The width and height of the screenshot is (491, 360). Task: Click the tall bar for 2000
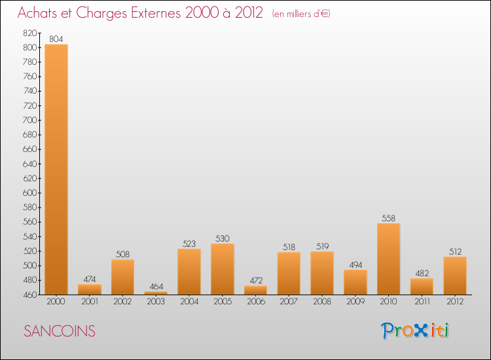click(x=56, y=169)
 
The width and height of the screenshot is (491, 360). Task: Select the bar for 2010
click(x=388, y=259)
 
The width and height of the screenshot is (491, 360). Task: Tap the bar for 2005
click(x=222, y=268)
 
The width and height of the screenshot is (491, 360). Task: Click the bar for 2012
click(x=455, y=275)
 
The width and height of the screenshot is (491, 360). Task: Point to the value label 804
click(x=56, y=39)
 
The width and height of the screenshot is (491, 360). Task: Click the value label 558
click(x=388, y=219)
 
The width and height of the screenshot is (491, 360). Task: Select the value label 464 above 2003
click(x=156, y=287)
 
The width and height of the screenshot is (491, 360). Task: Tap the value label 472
click(x=255, y=281)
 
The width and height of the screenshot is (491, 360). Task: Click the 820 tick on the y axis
click(x=30, y=33)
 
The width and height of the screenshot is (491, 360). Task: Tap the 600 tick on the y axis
click(x=30, y=193)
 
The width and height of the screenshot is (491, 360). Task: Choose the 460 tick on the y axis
click(x=30, y=295)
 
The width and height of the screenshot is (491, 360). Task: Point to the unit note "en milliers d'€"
click(x=300, y=14)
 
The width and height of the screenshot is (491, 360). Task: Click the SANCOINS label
click(x=60, y=331)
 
